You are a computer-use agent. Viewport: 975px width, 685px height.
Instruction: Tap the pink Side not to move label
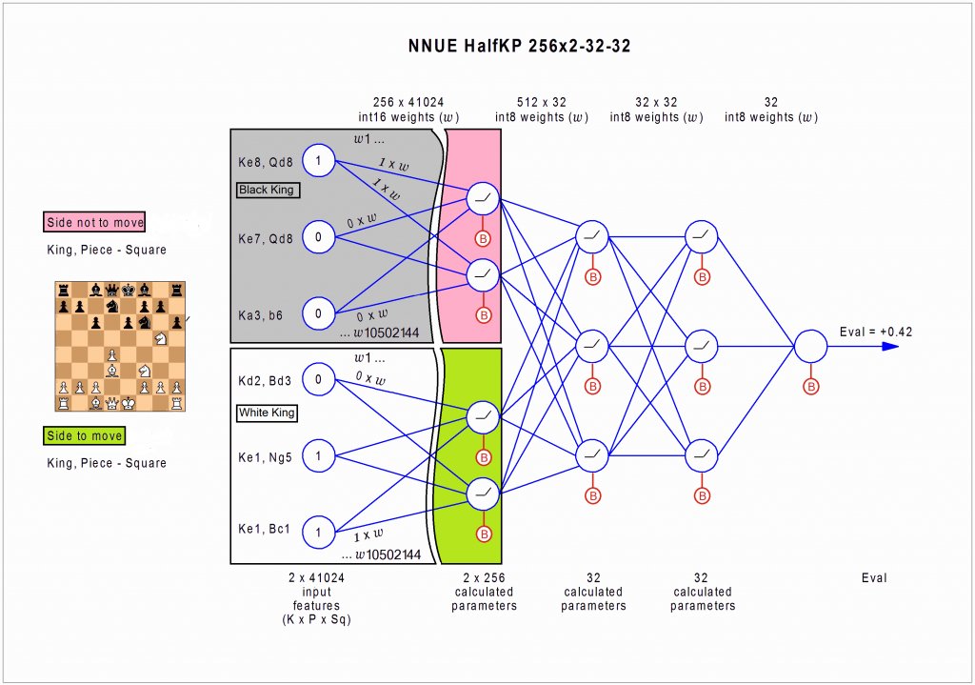coord(95,223)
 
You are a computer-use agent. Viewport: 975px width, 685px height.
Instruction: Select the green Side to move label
coord(85,436)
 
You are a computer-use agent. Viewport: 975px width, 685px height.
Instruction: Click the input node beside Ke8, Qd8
coord(318,161)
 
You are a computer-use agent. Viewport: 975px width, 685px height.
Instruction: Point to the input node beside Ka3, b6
coord(318,312)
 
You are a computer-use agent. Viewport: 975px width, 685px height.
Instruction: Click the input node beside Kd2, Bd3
coord(318,381)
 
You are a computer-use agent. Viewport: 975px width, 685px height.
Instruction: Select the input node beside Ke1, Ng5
coord(318,457)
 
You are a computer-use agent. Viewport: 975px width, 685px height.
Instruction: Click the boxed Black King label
coord(268,191)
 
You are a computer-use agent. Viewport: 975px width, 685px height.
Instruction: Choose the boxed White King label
coord(268,413)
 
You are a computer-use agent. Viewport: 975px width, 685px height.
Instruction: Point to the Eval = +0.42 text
coord(876,331)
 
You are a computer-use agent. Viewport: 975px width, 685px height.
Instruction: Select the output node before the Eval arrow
coord(811,346)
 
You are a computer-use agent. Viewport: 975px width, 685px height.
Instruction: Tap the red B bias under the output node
coord(811,387)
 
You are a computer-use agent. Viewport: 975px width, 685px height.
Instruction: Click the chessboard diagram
coord(120,346)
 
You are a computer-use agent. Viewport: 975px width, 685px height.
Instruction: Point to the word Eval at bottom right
coord(873,578)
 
